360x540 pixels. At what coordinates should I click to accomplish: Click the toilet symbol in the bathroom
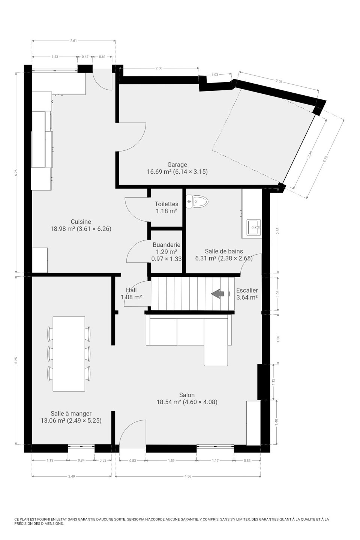pyautogui.click(x=197, y=201)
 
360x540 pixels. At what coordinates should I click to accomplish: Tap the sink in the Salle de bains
pyautogui.click(x=253, y=227)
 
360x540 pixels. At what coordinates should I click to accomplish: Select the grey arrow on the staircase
pyautogui.click(x=217, y=294)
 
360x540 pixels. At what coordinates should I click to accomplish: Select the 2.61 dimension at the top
pyautogui.click(x=73, y=41)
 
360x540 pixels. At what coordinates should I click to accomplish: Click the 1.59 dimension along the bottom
pyautogui.click(x=171, y=460)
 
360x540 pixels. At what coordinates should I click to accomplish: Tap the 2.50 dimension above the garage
pyautogui.click(x=159, y=68)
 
